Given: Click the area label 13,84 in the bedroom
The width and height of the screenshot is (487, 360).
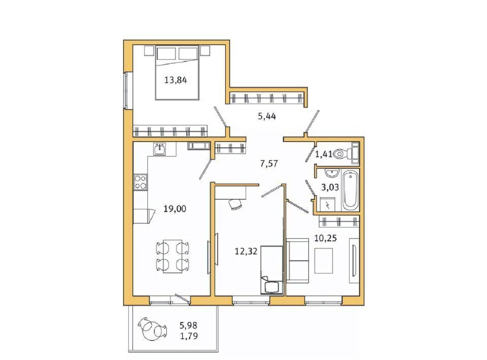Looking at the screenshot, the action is click(176, 80).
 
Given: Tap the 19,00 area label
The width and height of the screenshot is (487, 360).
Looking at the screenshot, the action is click(175, 208).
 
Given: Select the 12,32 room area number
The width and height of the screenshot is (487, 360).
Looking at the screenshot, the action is click(246, 251).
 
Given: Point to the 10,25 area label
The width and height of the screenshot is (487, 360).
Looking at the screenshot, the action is click(326, 238).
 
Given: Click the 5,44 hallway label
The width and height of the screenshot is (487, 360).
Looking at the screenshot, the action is click(267, 117).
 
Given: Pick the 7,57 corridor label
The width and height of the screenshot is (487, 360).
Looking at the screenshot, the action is click(269, 163).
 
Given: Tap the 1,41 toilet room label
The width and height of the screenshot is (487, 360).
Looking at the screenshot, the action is click(324, 154).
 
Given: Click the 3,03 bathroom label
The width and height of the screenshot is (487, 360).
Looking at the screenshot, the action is click(330, 187).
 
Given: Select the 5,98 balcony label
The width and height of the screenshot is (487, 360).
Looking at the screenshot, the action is click(189, 326).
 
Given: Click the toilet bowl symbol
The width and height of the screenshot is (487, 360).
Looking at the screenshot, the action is click(345, 153).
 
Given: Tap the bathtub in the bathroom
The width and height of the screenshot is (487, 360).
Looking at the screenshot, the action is click(350, 190).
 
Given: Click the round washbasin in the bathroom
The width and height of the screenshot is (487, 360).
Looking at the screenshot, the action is click(331, 172).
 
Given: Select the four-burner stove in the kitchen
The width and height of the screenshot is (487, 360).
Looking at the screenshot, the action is click(141, 182).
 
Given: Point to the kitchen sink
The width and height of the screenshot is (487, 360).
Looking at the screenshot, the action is click(159, 149).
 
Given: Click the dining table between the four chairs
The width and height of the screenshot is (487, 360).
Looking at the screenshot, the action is click(172, 257).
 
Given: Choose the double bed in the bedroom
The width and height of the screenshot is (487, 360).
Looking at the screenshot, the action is click(177, 73).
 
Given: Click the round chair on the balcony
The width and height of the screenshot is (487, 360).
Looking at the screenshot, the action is click(153, 329).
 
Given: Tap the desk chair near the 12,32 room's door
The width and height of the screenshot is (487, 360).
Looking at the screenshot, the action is click(235, 204).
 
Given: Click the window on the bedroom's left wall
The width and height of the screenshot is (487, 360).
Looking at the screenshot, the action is click(126, 90).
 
